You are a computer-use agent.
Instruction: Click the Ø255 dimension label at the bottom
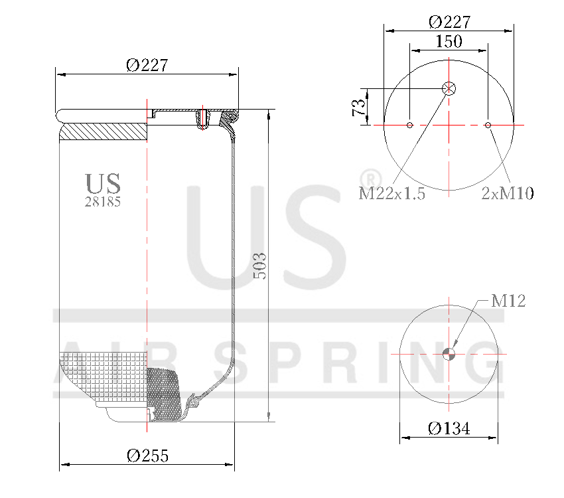pos(147,456)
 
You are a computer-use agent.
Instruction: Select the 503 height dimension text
pos(261,266)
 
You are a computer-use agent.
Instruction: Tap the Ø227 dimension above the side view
pos(146,65)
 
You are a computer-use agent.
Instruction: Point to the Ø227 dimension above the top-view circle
pos(449,21)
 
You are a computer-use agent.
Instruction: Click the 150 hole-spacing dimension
pos(449,41)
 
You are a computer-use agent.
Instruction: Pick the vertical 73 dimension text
pos(359,107)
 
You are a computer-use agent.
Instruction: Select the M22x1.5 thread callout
pos(391,193)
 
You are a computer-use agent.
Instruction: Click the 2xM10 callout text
pos(508,193)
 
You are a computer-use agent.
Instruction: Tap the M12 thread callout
pos(508,301)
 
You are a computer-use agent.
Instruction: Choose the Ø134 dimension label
pos(449,428)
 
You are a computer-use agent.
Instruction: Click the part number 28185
pos(103,202)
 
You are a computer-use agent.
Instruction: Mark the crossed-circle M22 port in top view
pos(449,88)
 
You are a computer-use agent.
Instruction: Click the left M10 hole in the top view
pos(410,125)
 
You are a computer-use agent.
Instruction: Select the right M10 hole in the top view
pos(488,125)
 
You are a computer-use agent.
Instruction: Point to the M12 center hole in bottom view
pos(449,354)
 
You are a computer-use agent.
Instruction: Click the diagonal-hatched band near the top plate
pos(103,131)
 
